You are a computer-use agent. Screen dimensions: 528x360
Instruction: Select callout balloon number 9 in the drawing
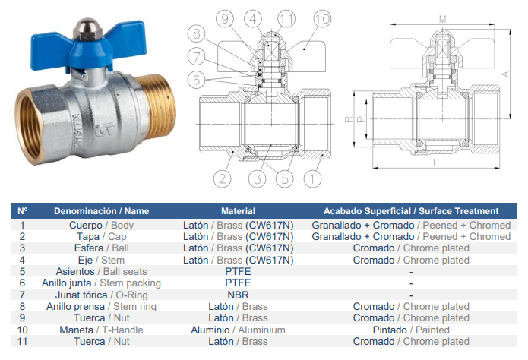pos(225,18)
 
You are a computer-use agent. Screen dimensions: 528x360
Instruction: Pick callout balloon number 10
pos(322,19)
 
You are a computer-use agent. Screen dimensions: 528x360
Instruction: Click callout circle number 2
pos(223,178)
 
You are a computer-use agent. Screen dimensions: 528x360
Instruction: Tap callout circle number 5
pos(285,178)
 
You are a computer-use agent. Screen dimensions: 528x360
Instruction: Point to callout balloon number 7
pos(196,56)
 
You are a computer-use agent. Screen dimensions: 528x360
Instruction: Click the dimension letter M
pos(442,20)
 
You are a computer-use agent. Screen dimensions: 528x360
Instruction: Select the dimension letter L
pos(435,163)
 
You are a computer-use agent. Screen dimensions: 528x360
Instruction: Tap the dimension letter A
pos(504,74)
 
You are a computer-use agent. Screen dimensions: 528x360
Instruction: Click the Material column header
pos(238,211)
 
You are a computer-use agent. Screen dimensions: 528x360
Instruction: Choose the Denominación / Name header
pos(101,211)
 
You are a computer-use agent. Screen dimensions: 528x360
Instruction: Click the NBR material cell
pos(238,295)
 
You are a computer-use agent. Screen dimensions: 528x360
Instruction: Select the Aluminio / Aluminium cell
pos(238,330)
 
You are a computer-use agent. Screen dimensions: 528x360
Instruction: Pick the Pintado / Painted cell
pos(411,330)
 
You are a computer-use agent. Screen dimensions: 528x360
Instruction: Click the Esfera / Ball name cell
pos(101,248)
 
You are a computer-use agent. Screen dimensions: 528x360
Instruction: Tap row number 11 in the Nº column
pos(22,342)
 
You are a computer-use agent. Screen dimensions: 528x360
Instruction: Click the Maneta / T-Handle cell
pos(101,330)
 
